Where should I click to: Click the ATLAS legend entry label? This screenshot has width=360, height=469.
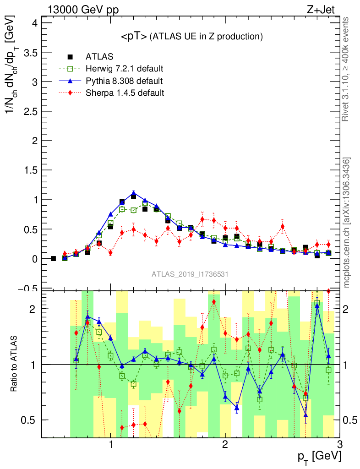[99, 57]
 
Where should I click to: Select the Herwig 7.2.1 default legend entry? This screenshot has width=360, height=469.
[124, 69]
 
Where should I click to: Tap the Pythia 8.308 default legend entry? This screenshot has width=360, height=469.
[124, 81]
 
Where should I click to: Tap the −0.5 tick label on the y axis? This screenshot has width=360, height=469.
[26, 288]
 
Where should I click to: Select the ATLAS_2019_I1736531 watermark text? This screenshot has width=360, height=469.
[190, 274]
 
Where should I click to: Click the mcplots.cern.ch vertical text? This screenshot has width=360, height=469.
[347, 222]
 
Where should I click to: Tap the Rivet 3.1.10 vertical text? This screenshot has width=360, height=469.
[347, 69]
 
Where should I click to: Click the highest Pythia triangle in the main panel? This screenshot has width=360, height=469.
[133, 193]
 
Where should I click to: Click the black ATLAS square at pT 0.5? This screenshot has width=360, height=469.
[53, 259]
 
